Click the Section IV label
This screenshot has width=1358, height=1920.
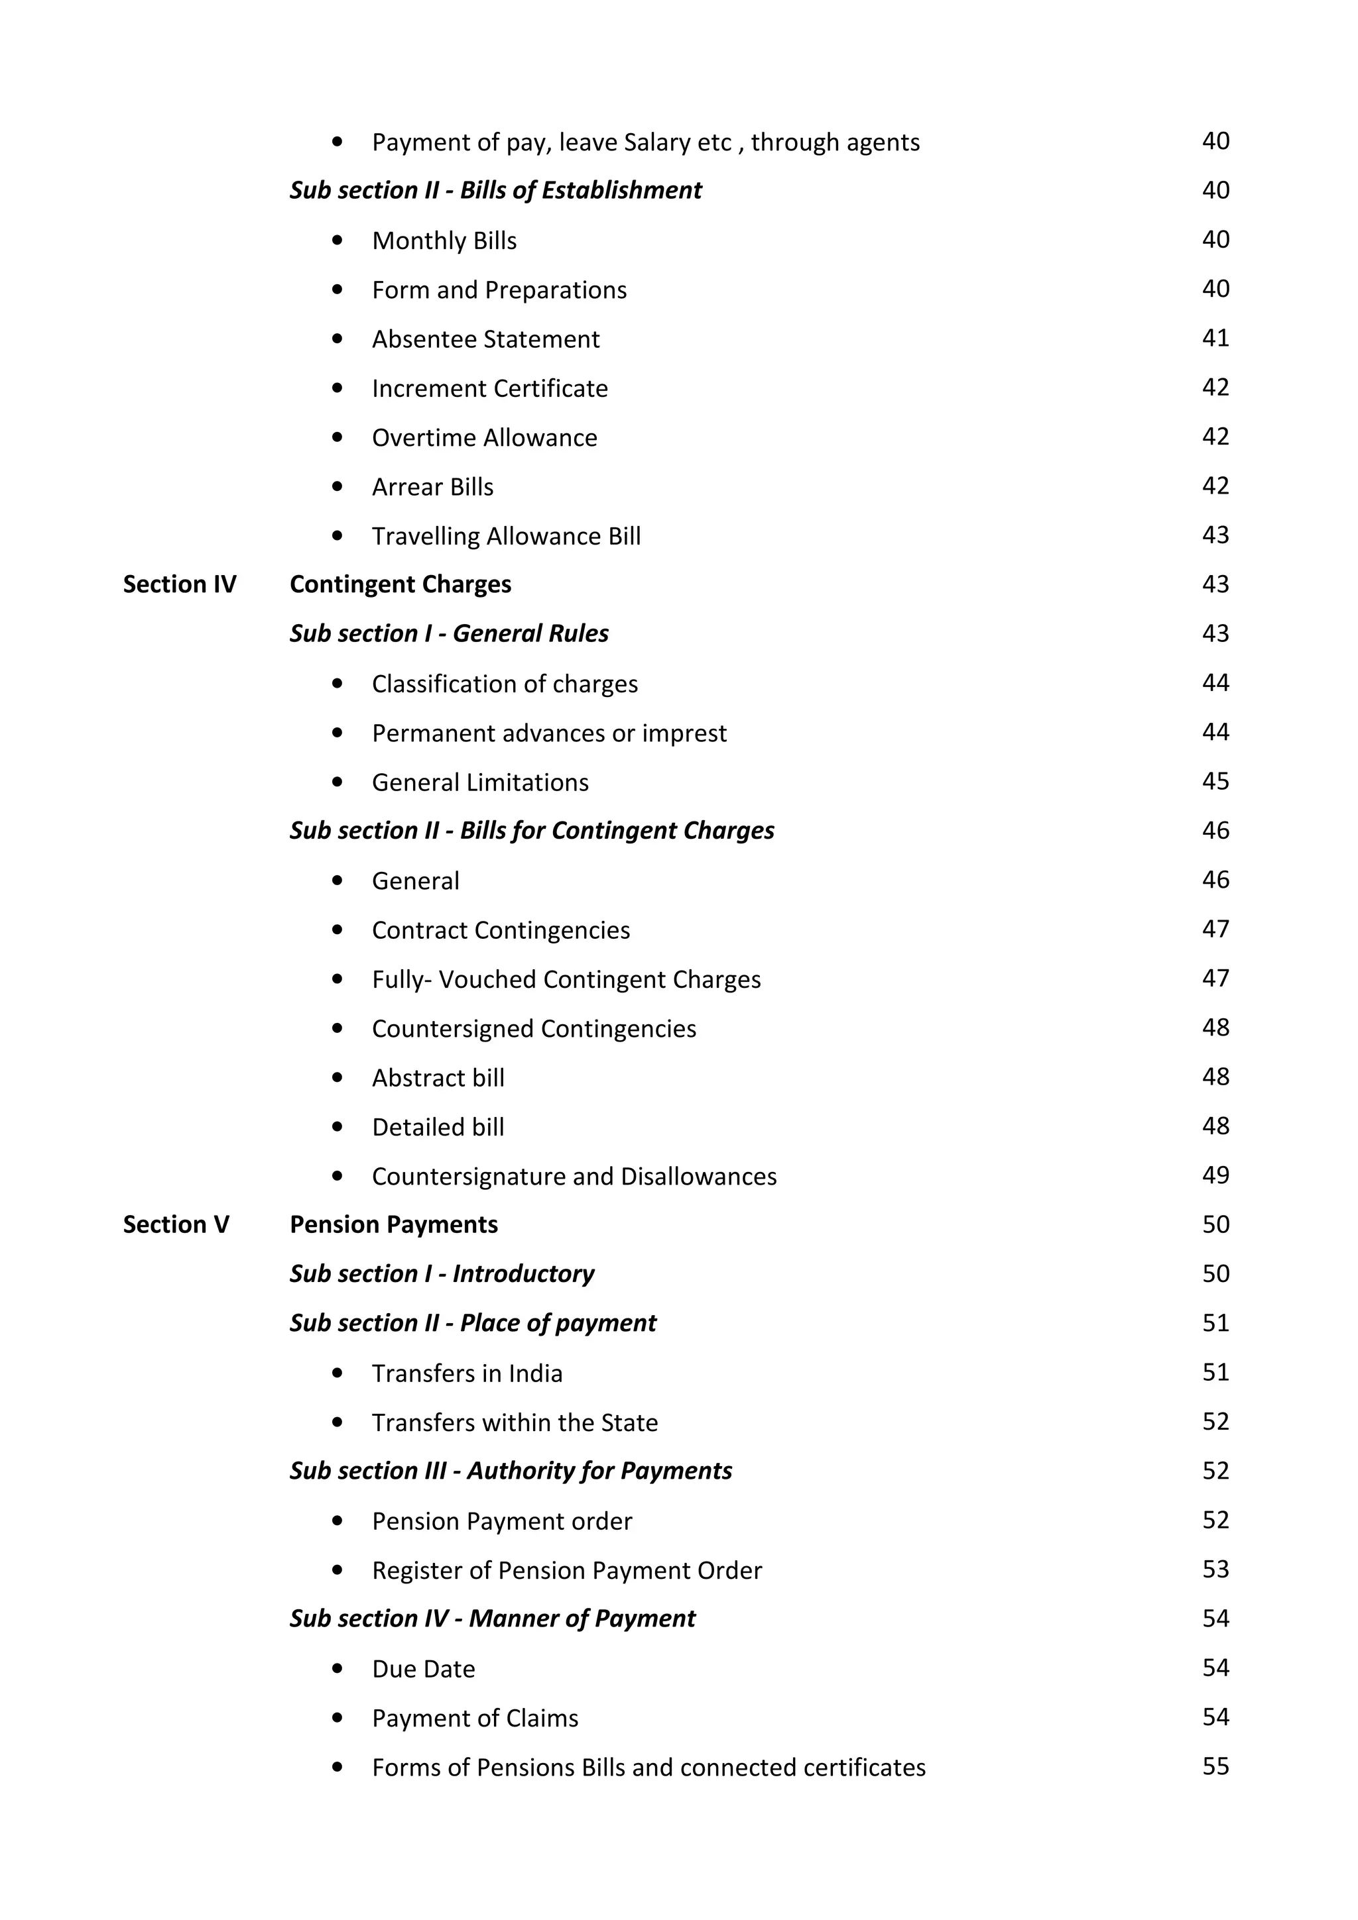179,584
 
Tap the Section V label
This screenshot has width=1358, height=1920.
176,1224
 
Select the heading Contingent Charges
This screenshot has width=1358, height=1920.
400,584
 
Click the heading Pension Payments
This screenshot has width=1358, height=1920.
393,1224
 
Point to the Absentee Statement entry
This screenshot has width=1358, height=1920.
485,339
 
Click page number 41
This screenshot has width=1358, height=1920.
1215,338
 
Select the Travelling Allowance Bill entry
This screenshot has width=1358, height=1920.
506,536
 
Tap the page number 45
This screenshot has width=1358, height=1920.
1215,781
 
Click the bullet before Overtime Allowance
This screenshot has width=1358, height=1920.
338,437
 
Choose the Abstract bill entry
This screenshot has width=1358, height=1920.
438,1078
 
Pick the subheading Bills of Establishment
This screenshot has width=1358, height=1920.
495,191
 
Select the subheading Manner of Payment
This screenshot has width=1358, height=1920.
492,1619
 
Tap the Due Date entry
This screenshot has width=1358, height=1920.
424,1669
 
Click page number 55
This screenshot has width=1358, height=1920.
1215,1766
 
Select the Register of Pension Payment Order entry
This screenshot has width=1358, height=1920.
566,1570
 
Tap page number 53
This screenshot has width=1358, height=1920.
1215,1569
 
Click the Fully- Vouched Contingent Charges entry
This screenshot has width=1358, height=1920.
566,979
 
